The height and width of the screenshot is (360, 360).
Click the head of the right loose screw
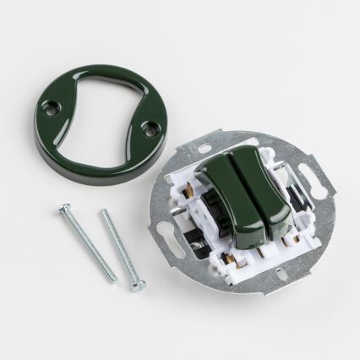tap(106, 212)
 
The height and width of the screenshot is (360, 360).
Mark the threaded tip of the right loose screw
tap(135, 288)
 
